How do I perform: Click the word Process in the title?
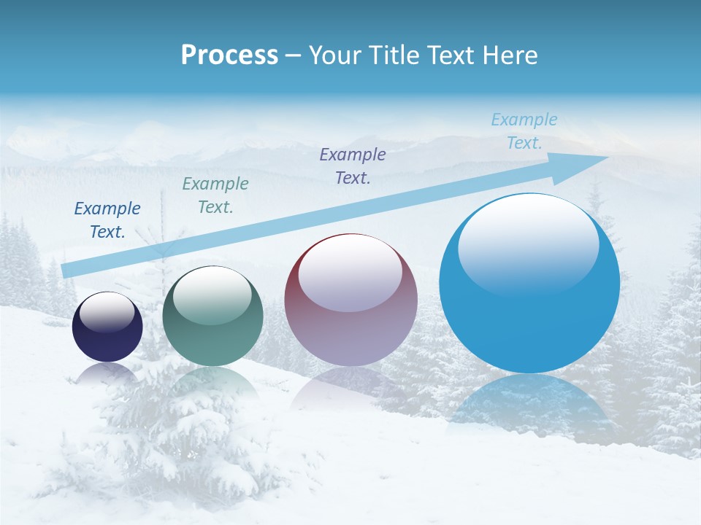tap(229, 55)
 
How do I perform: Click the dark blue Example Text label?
tap(107, 220)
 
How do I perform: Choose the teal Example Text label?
tap(215, 195)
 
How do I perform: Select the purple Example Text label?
tap(353, 166)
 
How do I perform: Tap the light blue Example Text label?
tap(524, 131)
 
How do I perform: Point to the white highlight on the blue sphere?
tap(528, 244)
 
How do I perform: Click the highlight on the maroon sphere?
tap(350, 274)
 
